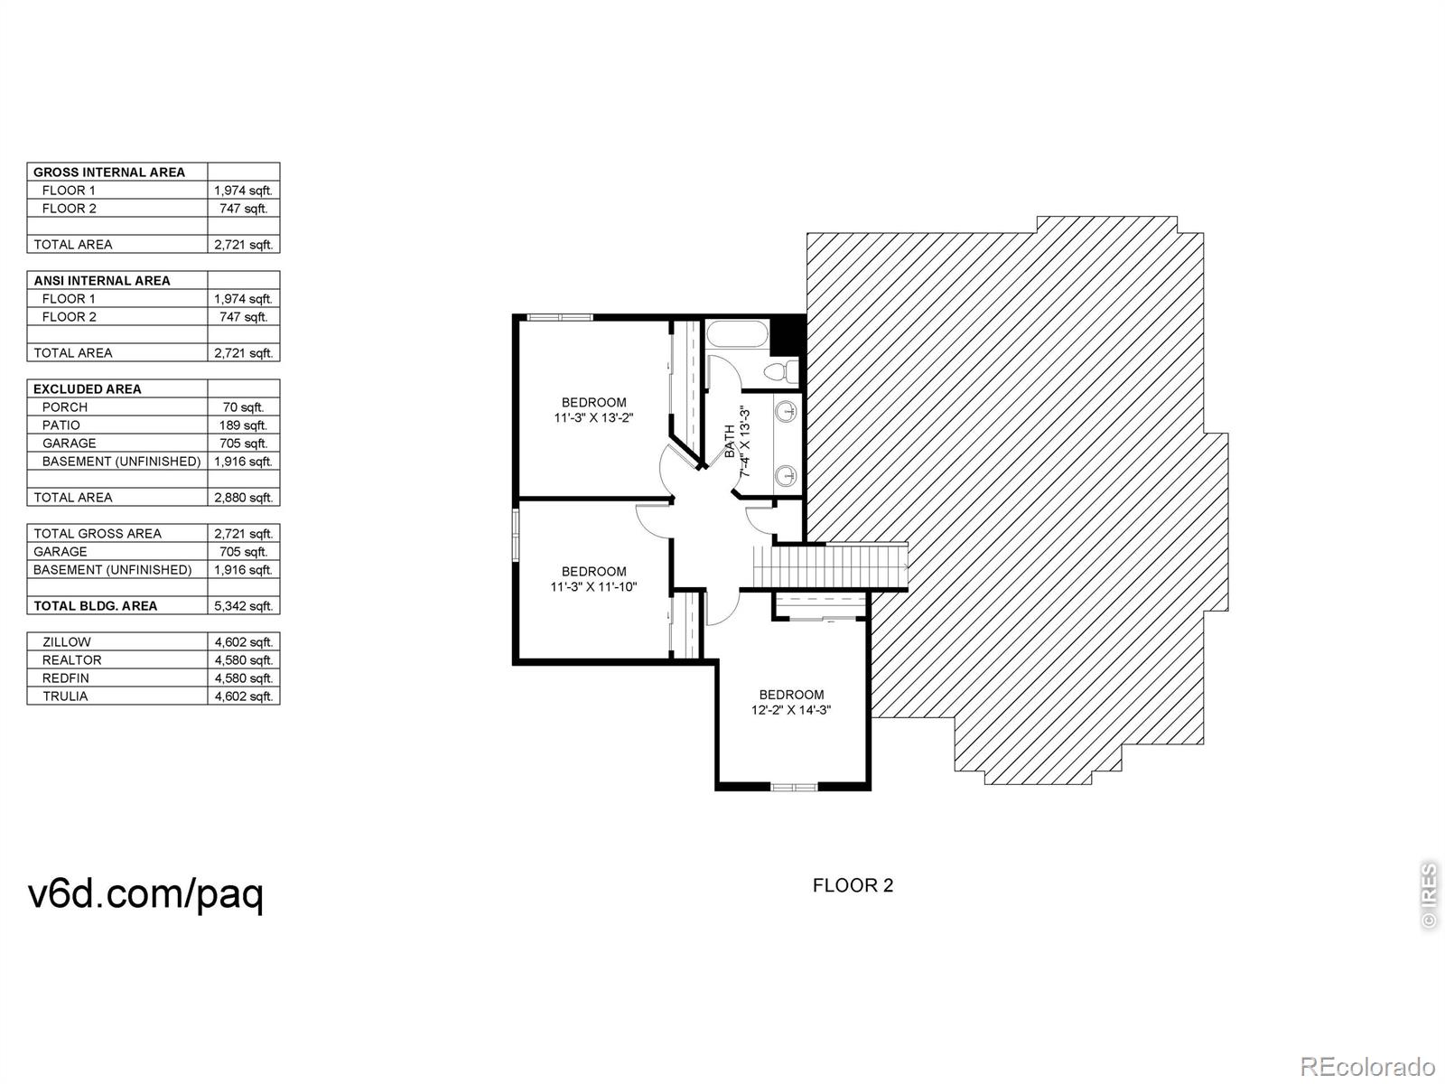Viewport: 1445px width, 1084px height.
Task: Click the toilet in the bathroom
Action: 782,371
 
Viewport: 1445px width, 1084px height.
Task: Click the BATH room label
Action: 730,442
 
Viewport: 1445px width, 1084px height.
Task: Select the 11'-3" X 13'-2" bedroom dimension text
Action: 593,417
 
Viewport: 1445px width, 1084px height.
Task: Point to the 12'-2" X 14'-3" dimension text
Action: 791,710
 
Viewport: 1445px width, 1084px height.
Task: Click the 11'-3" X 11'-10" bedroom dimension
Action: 593,586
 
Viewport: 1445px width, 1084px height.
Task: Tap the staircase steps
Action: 831,567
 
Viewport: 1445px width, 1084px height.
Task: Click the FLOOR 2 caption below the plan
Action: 853,886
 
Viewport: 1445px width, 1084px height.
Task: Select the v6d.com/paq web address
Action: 145,894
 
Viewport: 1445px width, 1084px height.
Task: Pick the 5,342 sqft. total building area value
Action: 243,606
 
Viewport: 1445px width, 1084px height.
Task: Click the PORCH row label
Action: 64,407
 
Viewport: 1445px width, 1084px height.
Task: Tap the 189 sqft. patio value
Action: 243,425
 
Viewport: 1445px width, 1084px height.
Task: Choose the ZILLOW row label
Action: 67,641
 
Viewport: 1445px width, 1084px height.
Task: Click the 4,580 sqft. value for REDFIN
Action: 243,677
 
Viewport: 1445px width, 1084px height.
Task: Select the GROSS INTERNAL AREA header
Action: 109,173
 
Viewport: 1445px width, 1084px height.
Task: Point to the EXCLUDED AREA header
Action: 88,389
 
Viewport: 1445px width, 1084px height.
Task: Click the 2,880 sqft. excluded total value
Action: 243,498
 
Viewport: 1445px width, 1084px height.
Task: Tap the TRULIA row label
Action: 65,696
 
